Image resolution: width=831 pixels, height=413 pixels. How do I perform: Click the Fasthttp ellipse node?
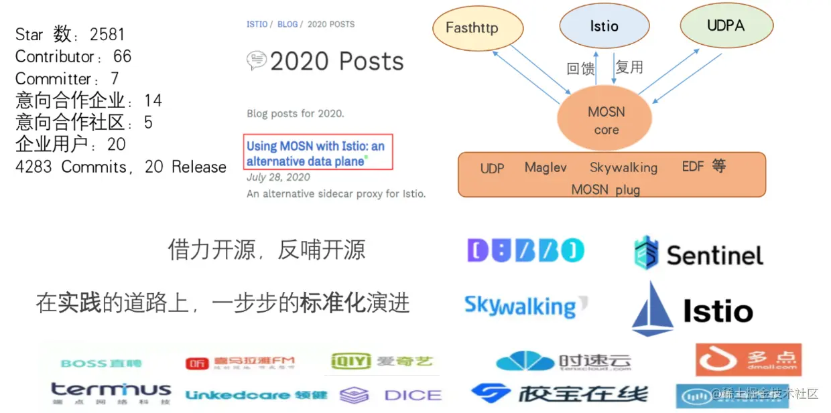pyautogui.click(x=476, y=27)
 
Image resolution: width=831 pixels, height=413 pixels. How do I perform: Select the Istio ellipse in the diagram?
pyautogui.click(x=604, y=26)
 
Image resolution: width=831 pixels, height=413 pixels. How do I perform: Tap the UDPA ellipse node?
pyautogui.click(x=725, y=25)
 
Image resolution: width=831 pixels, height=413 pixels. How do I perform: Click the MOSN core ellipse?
pyautogui.click(x=606, y=120)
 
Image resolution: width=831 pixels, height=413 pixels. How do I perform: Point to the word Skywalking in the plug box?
pyautogui.click(x=623, y=167)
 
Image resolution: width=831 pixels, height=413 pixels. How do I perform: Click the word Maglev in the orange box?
pyautogui.click(x=546, y=167)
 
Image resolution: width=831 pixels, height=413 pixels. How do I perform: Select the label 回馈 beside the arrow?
pyautogui.click(x=580, y=68)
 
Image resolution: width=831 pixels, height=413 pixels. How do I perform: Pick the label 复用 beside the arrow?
pyautogui.click(x=629, y=67)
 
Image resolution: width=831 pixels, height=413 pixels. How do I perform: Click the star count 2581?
pyautogui.click(x=107, y=34)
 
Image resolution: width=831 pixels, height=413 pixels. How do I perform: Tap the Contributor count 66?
pyautogui.click(x=123, y=56)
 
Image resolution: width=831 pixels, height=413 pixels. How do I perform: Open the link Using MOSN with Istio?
pyautogui.click(x=315, y=153)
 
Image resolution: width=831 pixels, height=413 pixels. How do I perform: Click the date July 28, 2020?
pyautogui.click(x=278, y=177)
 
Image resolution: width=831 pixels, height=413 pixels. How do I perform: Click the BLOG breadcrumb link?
pyautogui.click(x=287, y=24)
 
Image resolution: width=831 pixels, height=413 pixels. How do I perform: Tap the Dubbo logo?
pyautogui.click(x=525, y=251)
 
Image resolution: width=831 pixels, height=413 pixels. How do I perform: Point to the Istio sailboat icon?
pyautogui.click(x=652, y=309)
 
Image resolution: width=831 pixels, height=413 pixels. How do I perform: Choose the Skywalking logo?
pyautogui.click(x=525, y=307)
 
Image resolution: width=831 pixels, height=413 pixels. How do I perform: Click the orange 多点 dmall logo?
pyautogui.click(x=748, y=360)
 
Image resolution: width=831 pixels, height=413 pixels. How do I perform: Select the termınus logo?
pyautogui.click(x=111, y=392)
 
